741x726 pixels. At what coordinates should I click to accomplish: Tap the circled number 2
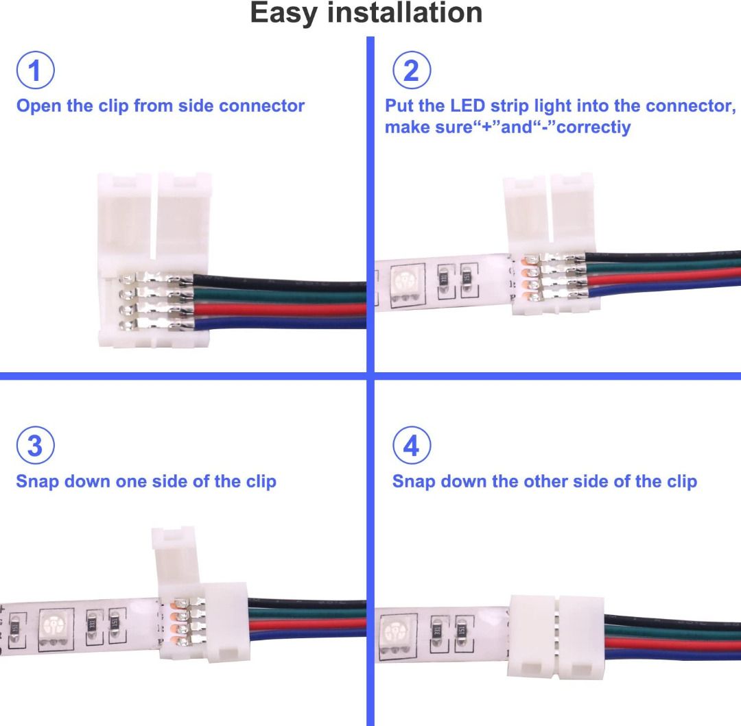click(x=411, y=71)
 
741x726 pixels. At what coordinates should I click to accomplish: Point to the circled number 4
click(x=411, y=446)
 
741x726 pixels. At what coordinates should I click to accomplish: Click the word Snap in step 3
click(x=37, y=481)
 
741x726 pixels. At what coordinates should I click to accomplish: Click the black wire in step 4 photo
click(x=672, y=619)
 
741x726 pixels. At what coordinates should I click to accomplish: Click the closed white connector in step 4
click(x=556, y=638)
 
